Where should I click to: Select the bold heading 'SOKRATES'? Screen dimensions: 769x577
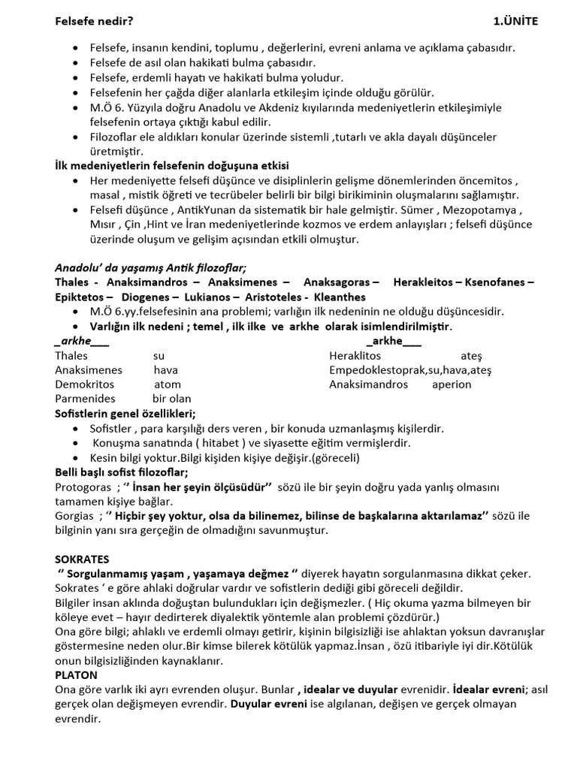coord(82,559)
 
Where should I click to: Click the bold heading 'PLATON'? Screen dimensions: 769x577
coord(76,675)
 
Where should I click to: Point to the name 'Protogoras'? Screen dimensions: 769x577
coord(81,487)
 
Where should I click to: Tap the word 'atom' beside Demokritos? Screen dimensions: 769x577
coord(167,384)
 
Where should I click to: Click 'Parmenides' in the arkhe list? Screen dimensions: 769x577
coord(85,398)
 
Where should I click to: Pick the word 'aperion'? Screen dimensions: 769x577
coord(452,384)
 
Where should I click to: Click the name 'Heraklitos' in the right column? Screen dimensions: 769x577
coord(355,355)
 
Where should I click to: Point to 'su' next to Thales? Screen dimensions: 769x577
coord(159,355)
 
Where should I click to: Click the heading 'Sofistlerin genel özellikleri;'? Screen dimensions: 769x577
coord(125,413)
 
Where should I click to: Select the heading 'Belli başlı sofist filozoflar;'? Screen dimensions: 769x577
coord(121,472)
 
